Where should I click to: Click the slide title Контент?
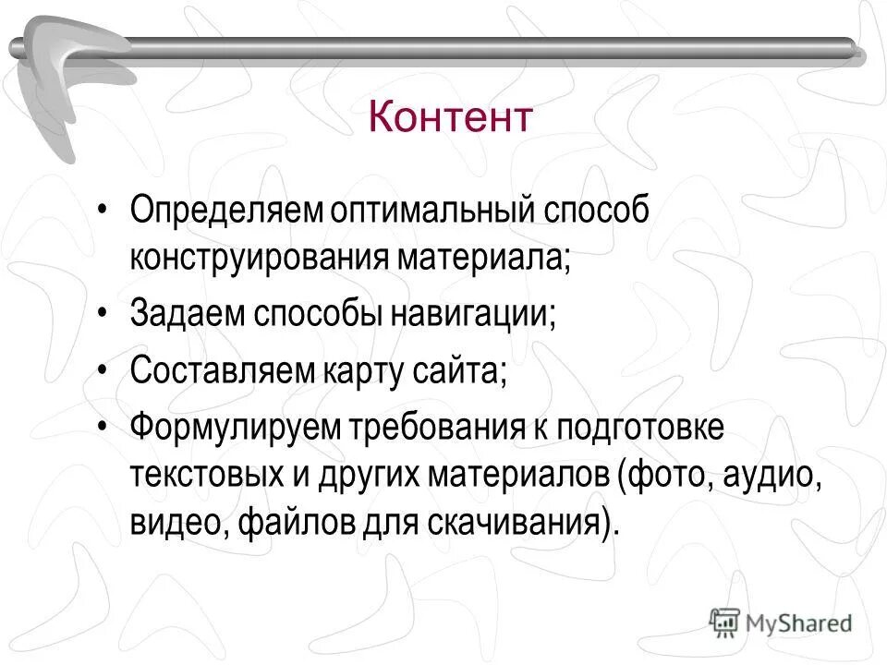click(450, 117)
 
